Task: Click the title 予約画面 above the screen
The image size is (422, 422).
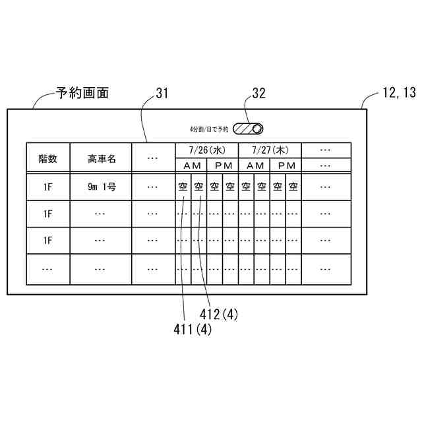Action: click(82, 93)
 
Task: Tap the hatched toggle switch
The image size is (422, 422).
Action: click(251, 129)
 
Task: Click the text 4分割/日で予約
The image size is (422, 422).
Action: click(208, 129)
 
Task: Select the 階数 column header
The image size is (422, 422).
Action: click(47, 158)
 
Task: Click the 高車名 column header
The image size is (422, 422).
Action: click(100, 158)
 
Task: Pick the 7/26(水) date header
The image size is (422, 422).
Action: click(206, 150)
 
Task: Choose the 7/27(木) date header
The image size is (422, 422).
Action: click(270, 150)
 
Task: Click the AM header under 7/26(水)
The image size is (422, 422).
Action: click(191, 165)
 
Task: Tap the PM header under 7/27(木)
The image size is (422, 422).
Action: click(286, 165)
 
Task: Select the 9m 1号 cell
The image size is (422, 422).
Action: click(100, 187)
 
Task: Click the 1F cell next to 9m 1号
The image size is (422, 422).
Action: click(47, 187)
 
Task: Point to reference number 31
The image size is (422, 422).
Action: click(162, 93)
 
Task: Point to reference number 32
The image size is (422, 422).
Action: click(259, 93)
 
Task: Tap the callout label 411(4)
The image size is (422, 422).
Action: click(191, 330)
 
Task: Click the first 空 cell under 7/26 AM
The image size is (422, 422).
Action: click(183, 187)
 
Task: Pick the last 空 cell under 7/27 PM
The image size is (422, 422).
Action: click(293, 187)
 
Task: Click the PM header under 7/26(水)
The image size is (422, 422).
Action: click(223, 165)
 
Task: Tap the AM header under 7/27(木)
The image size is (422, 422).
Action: click(255, 165)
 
